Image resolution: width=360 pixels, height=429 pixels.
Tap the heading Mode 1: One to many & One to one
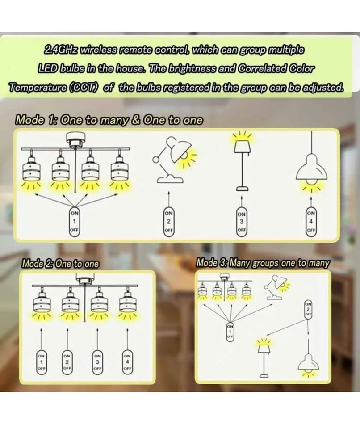tap(109, 120)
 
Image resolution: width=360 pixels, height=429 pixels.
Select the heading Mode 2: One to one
tap(60, 264)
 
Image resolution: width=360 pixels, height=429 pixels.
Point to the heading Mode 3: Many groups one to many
tap(263, 263)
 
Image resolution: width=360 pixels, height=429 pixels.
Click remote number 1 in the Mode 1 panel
tap(74, 221)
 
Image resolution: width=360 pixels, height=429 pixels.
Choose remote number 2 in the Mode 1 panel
tap(168, 221)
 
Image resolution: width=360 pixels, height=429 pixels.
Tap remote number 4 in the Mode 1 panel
tap(311, 221)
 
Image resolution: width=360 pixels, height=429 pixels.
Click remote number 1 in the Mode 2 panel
tap(41, 362)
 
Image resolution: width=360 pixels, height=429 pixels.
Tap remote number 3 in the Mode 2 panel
tap(97, 362)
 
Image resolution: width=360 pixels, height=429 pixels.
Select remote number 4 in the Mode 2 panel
tap(127, 362)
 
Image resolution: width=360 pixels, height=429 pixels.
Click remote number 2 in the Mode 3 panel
tap(308, 309)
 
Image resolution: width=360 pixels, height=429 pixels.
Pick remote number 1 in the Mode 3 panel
tap(230, 332)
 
